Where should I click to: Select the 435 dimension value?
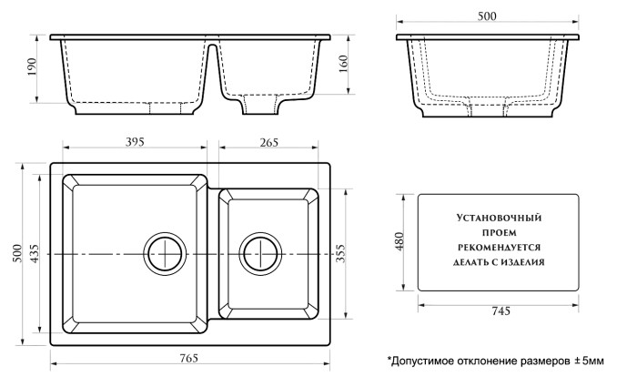coord(35,252)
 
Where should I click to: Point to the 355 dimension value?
coord(343,252)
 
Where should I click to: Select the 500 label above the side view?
coord(489,15)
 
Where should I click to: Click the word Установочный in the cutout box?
coord(498,218)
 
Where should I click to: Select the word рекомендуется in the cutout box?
coord(498,247)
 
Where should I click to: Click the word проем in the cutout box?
coord(498,232)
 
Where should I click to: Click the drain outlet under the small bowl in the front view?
coord(261,107)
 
